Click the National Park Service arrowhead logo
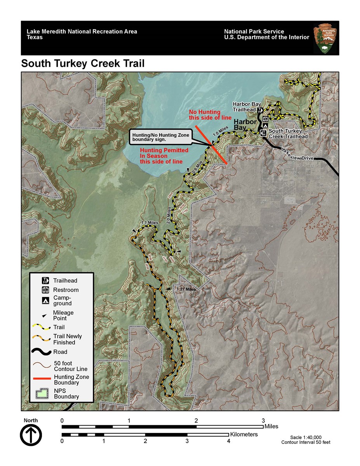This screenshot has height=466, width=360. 325,38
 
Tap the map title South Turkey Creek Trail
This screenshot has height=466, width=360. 83,63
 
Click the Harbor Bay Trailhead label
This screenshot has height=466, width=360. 244,107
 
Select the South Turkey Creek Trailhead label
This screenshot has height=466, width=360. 288,134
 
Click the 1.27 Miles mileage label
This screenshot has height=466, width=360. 186,289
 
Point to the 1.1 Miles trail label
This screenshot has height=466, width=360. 150,223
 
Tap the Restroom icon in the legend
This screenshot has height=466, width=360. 46,290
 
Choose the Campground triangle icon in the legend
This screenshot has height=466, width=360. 46,300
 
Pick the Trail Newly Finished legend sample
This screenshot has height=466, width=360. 42,339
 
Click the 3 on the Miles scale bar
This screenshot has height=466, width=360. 263,421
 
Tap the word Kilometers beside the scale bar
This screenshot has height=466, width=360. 244,434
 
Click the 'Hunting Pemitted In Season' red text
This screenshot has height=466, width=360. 164,156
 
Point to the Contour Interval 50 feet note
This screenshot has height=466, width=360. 306,442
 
